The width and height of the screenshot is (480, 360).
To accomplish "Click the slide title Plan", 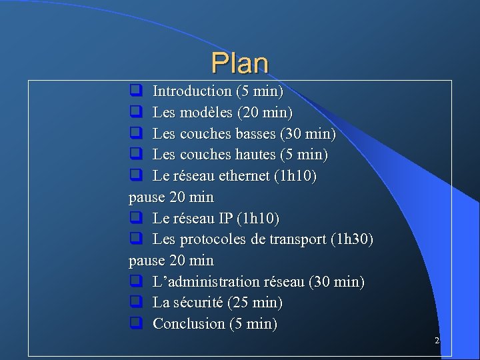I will tap(240, 63).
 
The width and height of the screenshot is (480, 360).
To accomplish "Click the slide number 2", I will tap(437, 341).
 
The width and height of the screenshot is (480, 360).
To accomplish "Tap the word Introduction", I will tap(192, 91).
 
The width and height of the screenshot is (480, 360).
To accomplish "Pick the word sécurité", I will tap(198, 303).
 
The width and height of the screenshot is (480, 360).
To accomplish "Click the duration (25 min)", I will tap(255, 303).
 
